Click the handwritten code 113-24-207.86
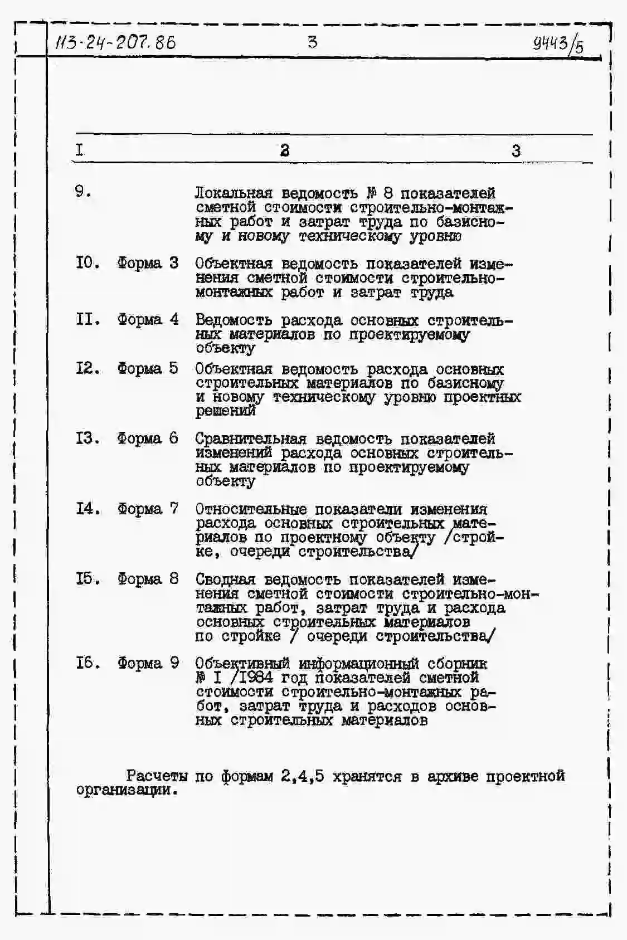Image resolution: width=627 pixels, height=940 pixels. click(115, 42)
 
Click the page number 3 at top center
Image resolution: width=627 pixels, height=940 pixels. click(313, 42)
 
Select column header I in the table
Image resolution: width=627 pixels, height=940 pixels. click(80, 150)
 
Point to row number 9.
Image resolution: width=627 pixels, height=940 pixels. click(82, 192)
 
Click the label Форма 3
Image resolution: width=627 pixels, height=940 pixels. click(148, 262)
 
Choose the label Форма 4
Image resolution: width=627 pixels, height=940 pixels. click(148, 319)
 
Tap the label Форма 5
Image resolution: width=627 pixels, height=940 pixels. click(148, 368)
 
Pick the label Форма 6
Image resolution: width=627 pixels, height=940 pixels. click(148, 439)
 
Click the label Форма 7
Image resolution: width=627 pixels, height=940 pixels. click(148, 509)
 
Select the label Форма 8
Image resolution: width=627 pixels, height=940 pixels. click(148, 579)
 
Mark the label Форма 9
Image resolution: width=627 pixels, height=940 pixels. click(148, 663)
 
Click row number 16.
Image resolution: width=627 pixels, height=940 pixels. click(88, 663)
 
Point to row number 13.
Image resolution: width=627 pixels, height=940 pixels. click(88, 439)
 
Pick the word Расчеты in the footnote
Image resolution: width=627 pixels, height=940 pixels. click(157, 776)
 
